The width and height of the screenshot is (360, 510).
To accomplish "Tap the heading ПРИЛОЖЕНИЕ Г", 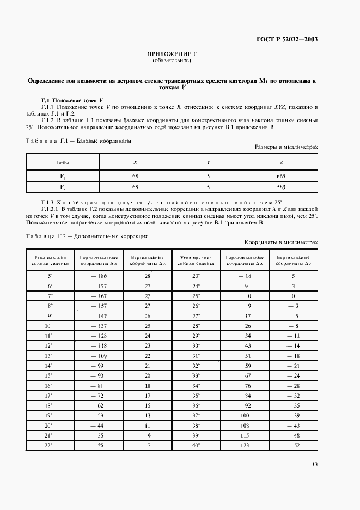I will tap(172, 55).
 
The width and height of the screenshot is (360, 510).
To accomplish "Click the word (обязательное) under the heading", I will tap(172, 61).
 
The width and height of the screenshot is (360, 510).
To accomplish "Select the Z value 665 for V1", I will tap(281, 177).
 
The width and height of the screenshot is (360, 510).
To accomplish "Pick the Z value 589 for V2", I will tap(281, 187).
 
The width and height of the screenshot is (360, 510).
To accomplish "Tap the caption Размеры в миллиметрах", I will tap(286, 147).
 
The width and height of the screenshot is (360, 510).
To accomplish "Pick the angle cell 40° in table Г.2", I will tap(196, 446).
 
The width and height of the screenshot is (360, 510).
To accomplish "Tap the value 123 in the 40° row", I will tap(245, 446).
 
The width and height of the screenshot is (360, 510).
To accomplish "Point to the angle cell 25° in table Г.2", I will tap(196, 296).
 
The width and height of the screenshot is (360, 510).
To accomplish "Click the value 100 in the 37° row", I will tap(245, 416).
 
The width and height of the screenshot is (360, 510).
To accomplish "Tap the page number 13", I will tap(314, 465).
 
